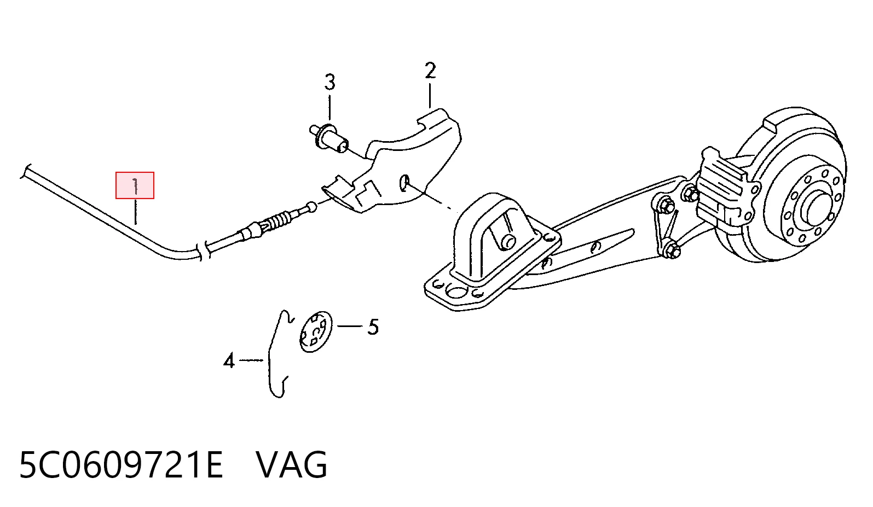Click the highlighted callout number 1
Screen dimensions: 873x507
[135, 186]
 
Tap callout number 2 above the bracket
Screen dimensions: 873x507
[430, 71]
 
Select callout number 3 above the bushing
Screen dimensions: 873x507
[329, 82]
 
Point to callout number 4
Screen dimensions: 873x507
[229, 360]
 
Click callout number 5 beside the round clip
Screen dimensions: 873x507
[373, 327]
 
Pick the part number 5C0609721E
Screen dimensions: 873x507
[121, 464]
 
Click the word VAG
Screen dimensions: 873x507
[292, 464]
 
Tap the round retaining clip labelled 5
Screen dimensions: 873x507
[315, 331]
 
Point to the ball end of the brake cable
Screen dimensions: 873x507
[311, 207]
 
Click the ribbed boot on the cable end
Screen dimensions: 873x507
[279, 221]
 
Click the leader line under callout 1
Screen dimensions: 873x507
[135, 213]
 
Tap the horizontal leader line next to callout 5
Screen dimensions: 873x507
[350, 326]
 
